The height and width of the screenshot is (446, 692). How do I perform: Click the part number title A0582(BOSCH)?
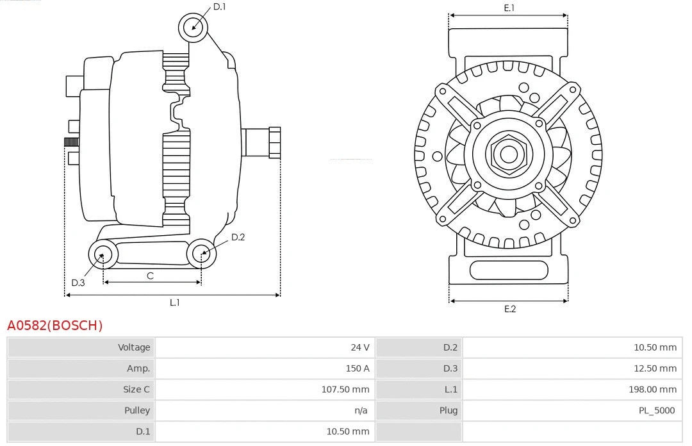pyautogui.click(x=54, y=326)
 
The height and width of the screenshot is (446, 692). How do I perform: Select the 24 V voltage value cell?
pyautogui.click(x=359, y=347)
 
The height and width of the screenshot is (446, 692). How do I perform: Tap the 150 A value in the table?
pyautogui.click(x=358, y=368)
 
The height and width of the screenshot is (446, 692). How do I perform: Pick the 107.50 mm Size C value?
pyautogui.click(x=345, y=389)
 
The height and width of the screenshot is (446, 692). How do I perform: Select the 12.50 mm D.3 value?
pyautogui.click(x=655, y=368)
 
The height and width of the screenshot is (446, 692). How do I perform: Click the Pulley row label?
pyautogui.click(x=136, y=410)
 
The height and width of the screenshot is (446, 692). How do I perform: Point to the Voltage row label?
pyautogui.click(x=134, y=347)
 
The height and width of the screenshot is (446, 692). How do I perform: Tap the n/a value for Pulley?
pyautogui.click(x=361, y=410)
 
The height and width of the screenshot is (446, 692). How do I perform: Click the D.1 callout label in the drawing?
pyautogui.click(x=219, y=7)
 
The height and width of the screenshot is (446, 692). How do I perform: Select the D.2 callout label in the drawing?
pyautogui.click(x=238, y=237)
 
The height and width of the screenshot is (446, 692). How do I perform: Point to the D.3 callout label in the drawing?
pyautogui.click(x=78, y=283)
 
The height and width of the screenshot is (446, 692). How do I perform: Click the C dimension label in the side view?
pyautogui.click(x=150, y=276)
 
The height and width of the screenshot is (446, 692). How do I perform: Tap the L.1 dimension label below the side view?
pyautogui.click(x=174, y=302)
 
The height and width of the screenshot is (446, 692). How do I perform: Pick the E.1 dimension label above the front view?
pyautogui.click(x=509, y=8)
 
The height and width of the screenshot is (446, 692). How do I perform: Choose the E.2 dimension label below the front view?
pyautogui.click(x=509, y=309)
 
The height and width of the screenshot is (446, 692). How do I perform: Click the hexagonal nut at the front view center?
pyautogui.click(x=509, y=154)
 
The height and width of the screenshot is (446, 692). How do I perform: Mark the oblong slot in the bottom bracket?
pyautogui.click(x=509, y=270)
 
